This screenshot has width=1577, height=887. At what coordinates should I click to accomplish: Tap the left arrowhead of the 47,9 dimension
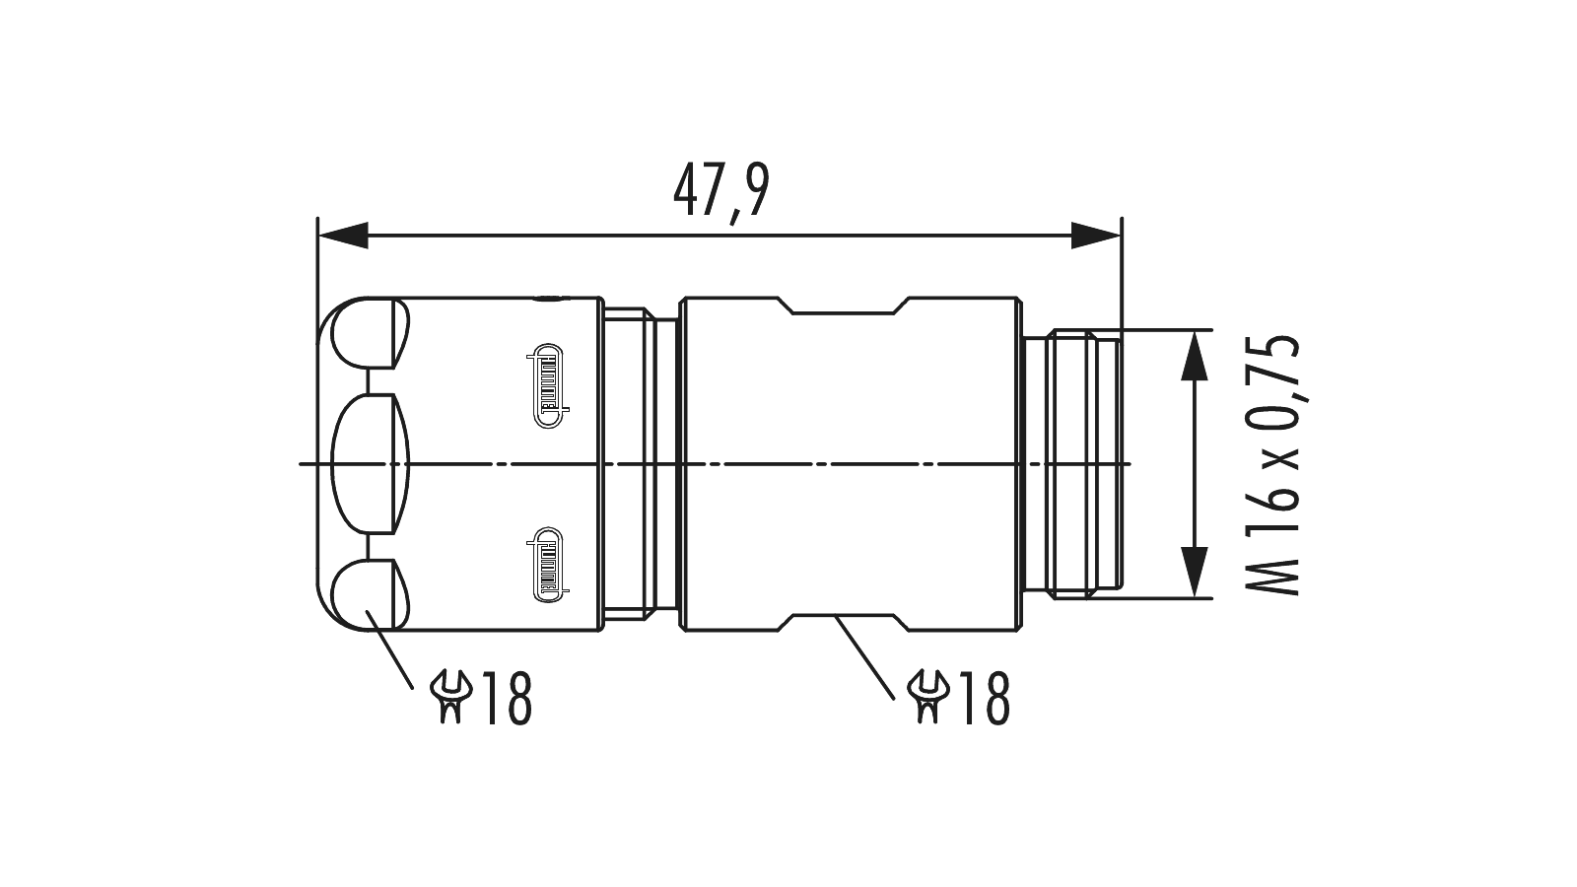coord(344,236)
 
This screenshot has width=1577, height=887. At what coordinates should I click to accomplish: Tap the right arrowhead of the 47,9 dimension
coord(1095,236)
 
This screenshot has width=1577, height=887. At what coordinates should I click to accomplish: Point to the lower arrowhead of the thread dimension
coord(1195,572)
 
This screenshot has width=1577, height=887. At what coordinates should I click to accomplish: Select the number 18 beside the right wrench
coord(985,698)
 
